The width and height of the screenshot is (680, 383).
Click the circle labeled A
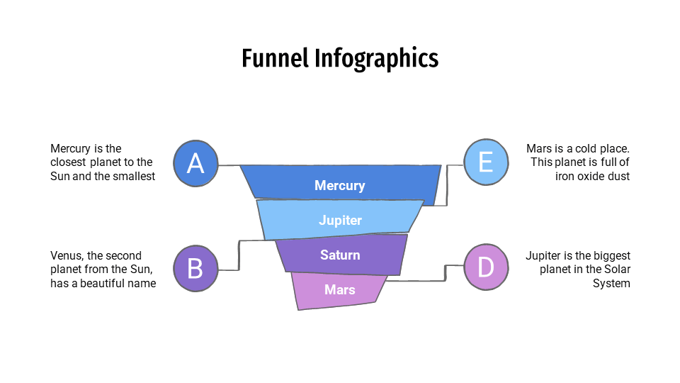tap(195, 163)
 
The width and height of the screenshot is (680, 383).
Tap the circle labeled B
tap(195, 268)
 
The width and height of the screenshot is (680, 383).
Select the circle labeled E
tap(486, 162)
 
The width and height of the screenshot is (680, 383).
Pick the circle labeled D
tap(486, 267)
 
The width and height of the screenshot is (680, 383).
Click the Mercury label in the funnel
tap(339, 186)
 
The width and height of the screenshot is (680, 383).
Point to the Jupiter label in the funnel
tap(340, 221)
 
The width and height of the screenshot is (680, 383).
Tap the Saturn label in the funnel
tap(340, 255)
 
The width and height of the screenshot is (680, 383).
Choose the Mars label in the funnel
tap(340, 289)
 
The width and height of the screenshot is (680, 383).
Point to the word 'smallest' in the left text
tap(133, 177)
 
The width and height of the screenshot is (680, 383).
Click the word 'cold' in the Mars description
tap(582, 149)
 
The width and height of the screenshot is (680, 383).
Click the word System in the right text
tap(611, 283)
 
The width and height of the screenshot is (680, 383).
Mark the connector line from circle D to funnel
tap(446, 273)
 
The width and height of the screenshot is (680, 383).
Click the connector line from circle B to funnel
tap(239, 255)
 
